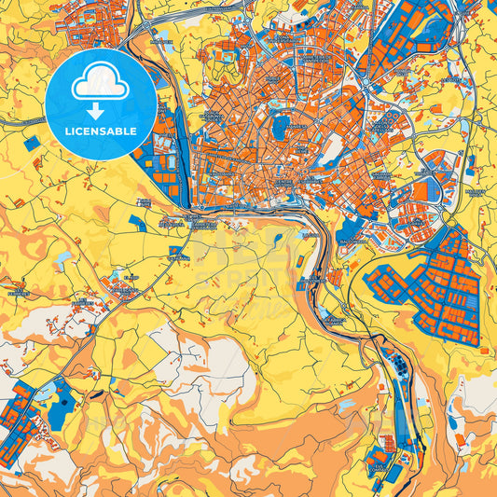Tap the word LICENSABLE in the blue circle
tap(100, 131)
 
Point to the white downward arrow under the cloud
tap(100, 109)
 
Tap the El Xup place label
tap(131, 277)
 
